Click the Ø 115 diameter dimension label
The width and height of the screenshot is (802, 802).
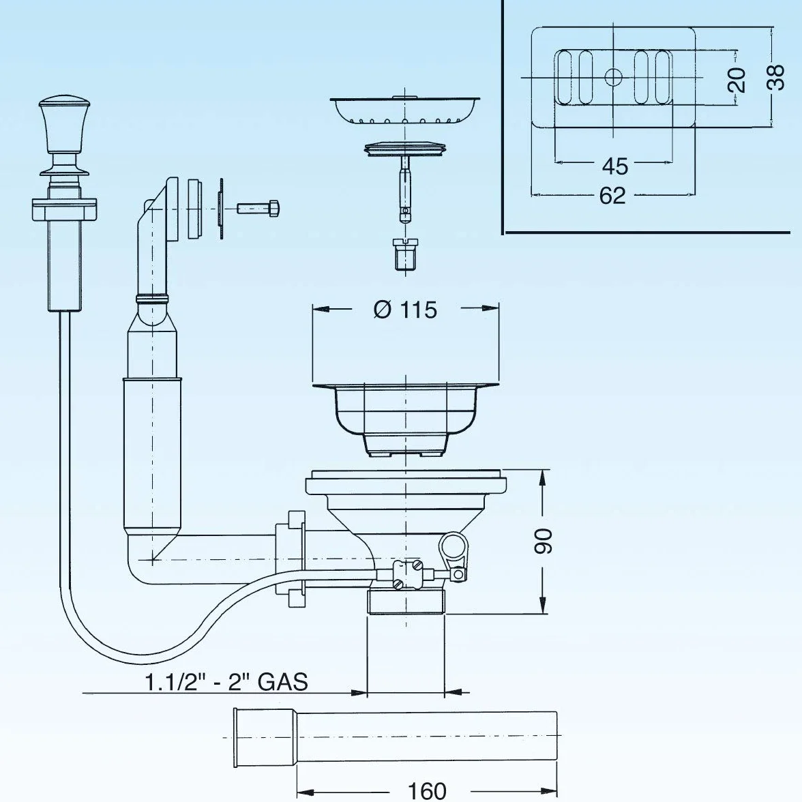click(x=405, y=310)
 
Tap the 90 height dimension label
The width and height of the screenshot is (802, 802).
click(x=543, y=541)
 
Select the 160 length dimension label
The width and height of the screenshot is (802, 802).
click(x=427, y=791)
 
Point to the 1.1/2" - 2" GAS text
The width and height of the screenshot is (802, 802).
click(x=226, y=682)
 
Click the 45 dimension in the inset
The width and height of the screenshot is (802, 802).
click(x=614, y=166)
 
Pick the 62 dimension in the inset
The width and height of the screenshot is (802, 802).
click(x=612, y=195)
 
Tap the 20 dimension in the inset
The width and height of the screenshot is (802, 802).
click(x=737, y=79)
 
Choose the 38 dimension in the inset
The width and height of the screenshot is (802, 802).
click(x=776, y=77)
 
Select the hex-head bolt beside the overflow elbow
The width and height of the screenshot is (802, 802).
click(x=258, y=208)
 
